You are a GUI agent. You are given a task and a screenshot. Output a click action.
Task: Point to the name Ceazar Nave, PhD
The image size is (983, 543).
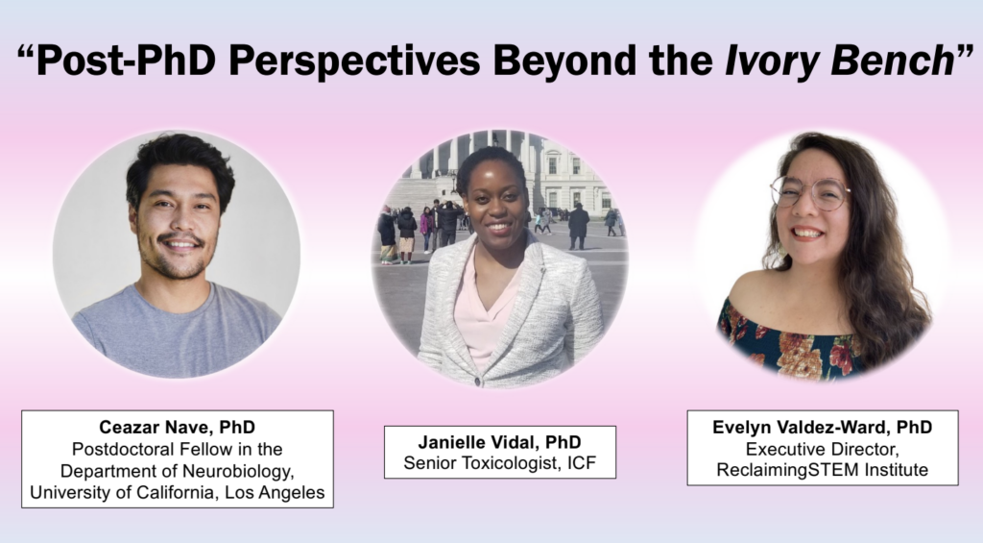178,428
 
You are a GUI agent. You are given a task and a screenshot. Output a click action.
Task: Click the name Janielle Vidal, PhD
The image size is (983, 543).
499,442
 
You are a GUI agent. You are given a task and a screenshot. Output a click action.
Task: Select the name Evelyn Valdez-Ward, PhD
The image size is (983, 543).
823,427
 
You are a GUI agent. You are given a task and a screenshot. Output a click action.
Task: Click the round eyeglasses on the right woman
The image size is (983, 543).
810,192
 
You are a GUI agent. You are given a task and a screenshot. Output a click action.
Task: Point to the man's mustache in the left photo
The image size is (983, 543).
180,238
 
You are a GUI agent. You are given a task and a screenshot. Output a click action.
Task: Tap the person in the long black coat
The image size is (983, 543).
578,226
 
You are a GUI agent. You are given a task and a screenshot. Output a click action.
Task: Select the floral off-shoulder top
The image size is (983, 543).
791,343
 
